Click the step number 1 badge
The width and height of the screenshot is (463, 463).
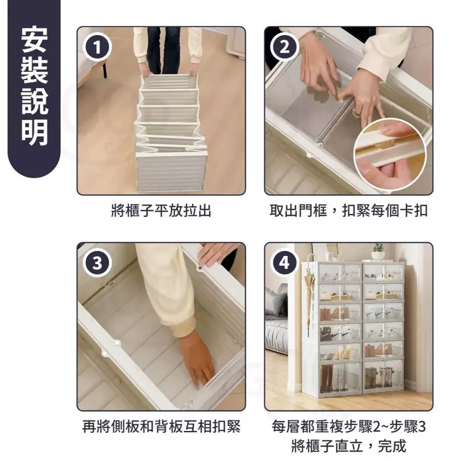click(x=97, y=48)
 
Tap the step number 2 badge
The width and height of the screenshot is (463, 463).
click(x=284, y=48)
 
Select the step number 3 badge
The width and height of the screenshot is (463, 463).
click(x=97, y=263)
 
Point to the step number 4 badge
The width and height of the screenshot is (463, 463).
click(x=284, y=263)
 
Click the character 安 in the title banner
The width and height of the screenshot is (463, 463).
click(x=34, y=40)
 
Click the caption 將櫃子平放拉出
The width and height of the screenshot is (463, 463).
click(x=161, y=211)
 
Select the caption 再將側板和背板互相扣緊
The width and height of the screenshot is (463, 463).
click(x=161, y=426)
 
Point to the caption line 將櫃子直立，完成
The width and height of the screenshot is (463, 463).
click(x=349, y=446)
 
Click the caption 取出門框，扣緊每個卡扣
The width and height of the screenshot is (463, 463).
click(x=349, y=211)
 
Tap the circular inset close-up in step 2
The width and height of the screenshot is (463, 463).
click(x=390, y=154)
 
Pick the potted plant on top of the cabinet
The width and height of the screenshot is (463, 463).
click(x=379, y=252)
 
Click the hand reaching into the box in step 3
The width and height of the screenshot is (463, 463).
click(x=197, y=361)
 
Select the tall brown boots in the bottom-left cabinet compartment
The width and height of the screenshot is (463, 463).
click(x=327, y=379)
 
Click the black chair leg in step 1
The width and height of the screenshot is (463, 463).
click(x=105, y=68)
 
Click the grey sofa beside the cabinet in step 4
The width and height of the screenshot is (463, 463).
click(x=276, y=319)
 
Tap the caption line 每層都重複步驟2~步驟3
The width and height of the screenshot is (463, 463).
click(x=349, y=426)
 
